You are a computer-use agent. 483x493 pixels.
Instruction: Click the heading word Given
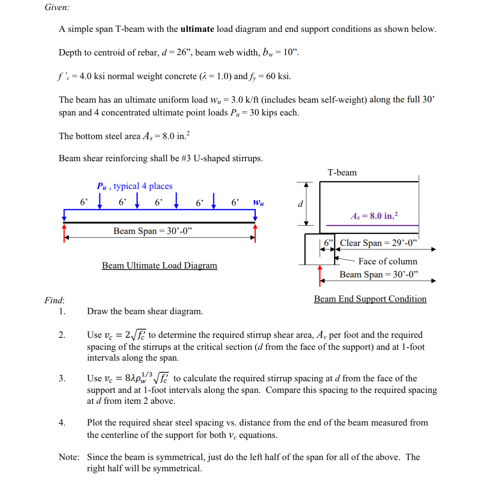(x=57, y=7)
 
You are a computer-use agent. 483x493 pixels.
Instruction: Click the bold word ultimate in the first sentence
(x=197, y=29)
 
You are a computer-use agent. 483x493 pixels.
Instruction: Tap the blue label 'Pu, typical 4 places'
(x=134, y=186)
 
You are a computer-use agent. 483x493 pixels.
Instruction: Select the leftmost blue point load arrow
(x=100, y=200)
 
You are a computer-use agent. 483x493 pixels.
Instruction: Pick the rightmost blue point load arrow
(x=214, y=200)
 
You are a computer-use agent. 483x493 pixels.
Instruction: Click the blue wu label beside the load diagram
(x=258, y=203)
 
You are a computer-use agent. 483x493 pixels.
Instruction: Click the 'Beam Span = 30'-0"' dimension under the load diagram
(x=152, y=231)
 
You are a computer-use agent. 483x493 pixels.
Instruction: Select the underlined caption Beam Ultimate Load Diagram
(x=160, y=265)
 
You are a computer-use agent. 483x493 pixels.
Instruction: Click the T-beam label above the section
(x=342, y=173)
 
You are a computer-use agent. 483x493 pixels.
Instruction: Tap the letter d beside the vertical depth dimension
(x=300, y=204)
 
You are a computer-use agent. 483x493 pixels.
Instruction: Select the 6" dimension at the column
(x=328, y=243)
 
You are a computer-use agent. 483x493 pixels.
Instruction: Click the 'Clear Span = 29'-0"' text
(x=378, y=243)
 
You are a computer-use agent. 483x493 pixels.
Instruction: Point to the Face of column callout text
(x=388, y=261)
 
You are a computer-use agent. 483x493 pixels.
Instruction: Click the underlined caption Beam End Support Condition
(x=370, y=299)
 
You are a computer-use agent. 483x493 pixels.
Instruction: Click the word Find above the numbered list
(x=54, y=300)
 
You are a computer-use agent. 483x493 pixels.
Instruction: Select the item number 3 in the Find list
(x=62, y=378)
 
